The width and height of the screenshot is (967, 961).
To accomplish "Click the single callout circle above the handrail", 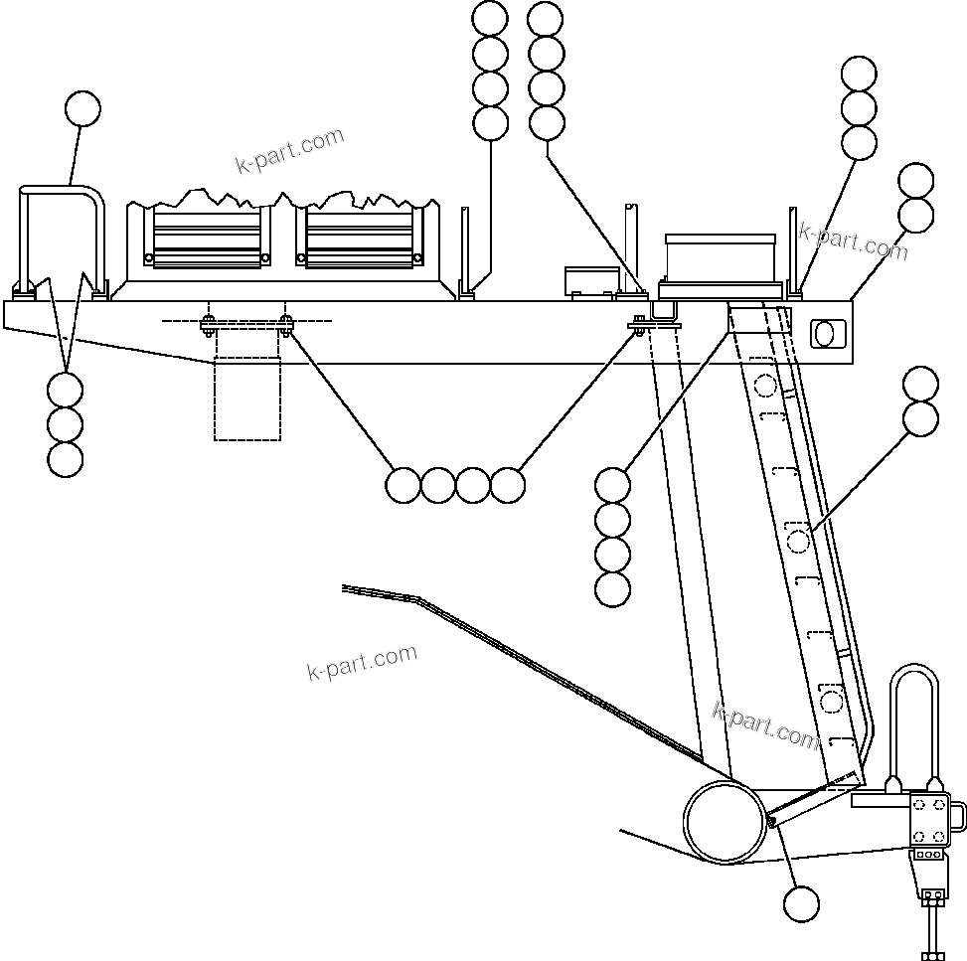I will pos(82,109).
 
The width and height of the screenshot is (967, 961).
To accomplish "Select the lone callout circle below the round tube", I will pos(801,904).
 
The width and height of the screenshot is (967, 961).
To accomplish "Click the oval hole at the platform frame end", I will pos(825,333).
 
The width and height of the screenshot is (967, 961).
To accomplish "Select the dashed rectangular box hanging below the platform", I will pos(247,398).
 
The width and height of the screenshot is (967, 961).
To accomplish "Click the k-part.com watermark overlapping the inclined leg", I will pos(765,726).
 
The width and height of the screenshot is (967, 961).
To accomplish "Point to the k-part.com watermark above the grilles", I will pos(289,150).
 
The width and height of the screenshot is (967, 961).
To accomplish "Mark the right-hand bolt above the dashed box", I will pos(286,323).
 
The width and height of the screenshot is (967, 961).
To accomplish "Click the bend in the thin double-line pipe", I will pos(417,598).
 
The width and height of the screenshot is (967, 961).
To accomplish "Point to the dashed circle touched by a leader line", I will pos(799,541).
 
